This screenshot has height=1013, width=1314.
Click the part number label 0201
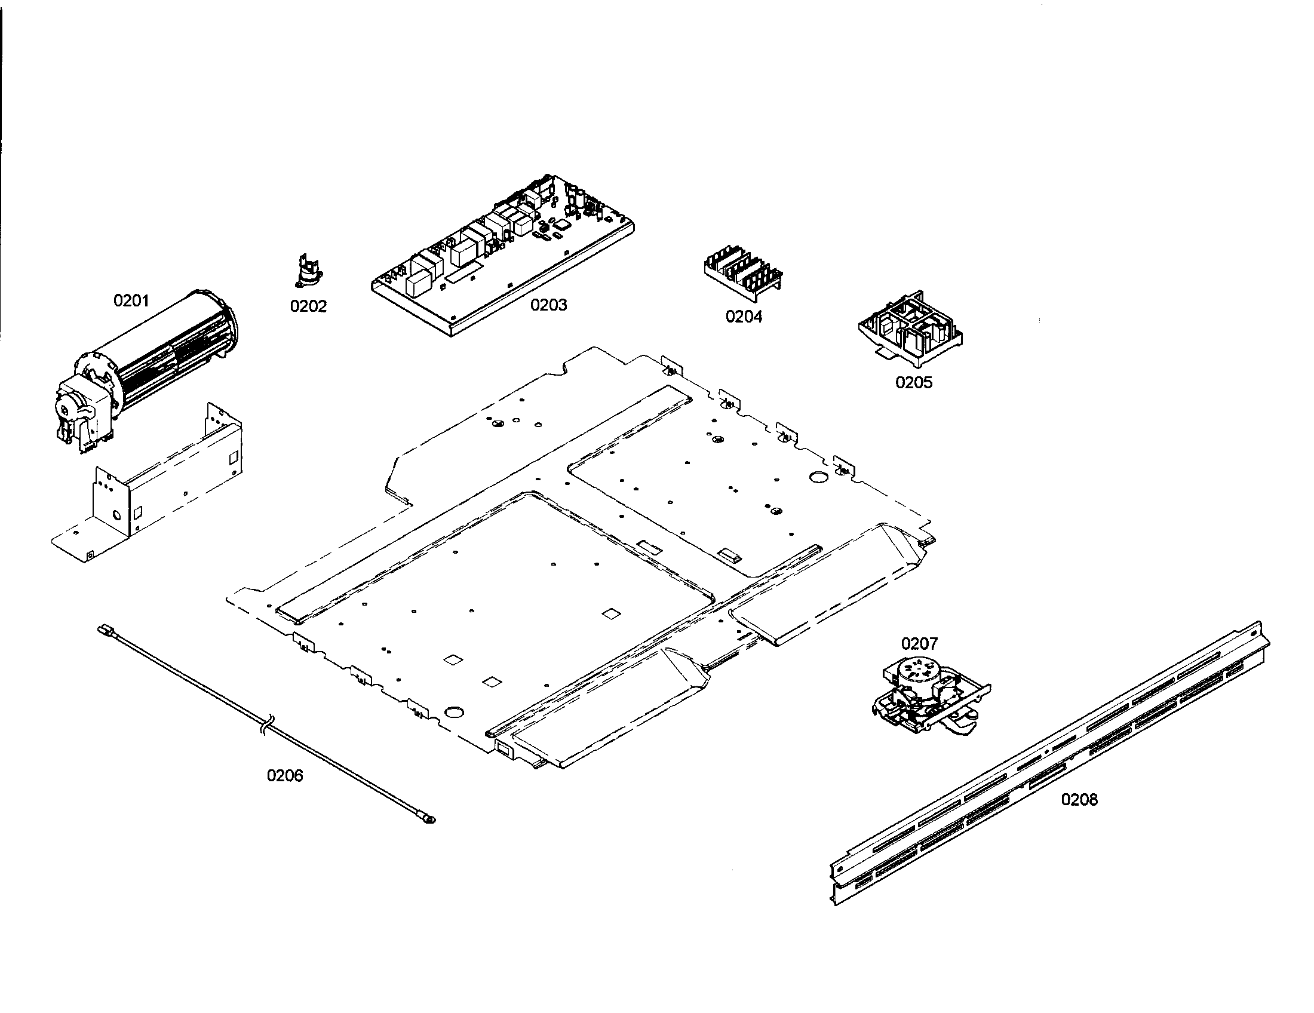pyautogui.click(x=131, y=300)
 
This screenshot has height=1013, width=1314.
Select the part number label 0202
pyautogui.click(x=308, y=306)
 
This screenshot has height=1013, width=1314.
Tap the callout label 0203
pyautogui.click(x=548, y=305)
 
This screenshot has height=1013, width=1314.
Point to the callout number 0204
pyautogui.click(x=744, y=317)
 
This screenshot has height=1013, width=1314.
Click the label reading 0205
pyautogui.click(x=913, y=382)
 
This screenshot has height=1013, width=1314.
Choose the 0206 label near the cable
pyautogui.click(x=285, y=775)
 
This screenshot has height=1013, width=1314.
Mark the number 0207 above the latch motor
pyautogui.click(x=919, y=644)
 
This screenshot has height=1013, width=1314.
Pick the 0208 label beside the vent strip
pyautogui.click(x=1079, y=799)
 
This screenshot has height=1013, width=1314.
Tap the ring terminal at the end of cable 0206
pyautogui.click(x=428, y=818)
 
